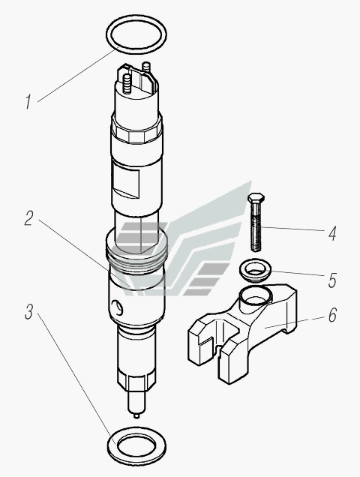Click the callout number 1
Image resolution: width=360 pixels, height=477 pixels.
pos(28,101)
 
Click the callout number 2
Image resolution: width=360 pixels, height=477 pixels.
pos(29,218)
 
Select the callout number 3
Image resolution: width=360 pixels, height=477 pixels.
pos(29,312)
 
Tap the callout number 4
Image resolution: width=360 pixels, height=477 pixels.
pos(332,234)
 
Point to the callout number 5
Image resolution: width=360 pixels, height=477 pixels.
pos(332,280)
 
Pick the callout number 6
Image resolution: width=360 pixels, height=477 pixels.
pos(332,315)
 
